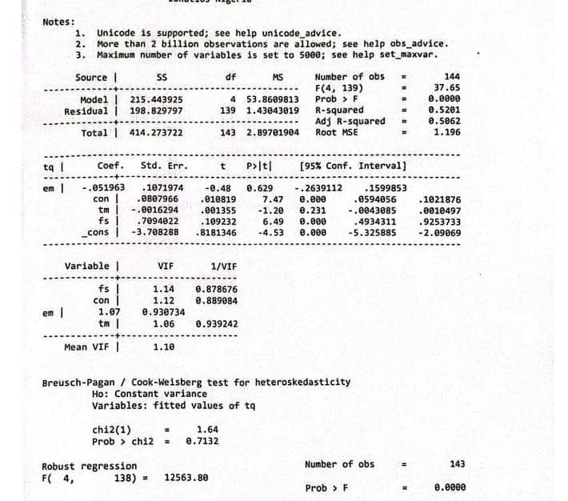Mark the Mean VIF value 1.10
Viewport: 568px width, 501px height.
pos(163,347)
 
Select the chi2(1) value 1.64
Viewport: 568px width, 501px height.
pos(207,430)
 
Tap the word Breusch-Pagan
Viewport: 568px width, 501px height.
pos(77,382)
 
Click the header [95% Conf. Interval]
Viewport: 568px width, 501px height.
pos(353,166)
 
